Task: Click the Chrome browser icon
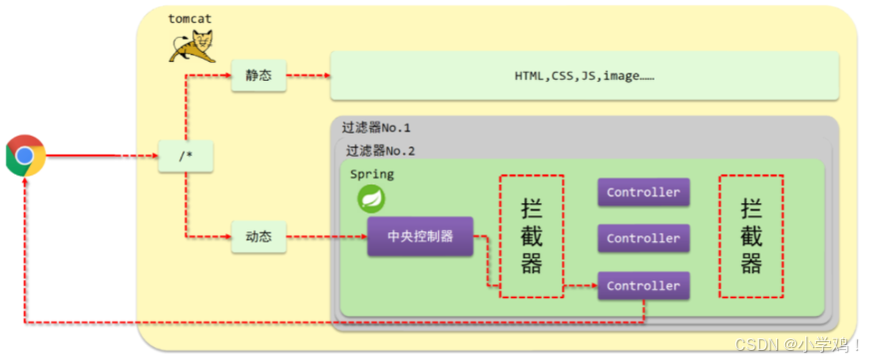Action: [x=26, y=156]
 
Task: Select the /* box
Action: [x=186, y=157]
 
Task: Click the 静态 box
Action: [x=258, y=77]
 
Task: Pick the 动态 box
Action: [x=258, y=238]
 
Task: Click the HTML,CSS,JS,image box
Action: [x=584, y=77]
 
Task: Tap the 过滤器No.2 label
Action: [x=380, y=151]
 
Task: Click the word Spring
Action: [x=371, y=174]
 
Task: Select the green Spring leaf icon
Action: [x=372, y=199]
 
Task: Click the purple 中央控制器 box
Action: [x=420, y=237]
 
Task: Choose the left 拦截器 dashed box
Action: [x=532, y=235]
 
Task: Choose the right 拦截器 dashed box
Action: [x=750, y=235]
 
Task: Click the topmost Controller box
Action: [x=643, y=191]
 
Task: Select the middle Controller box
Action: [x=643, y=238]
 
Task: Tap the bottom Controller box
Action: [x=643, y=286]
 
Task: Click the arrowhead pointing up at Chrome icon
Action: [x=26, y=183]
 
